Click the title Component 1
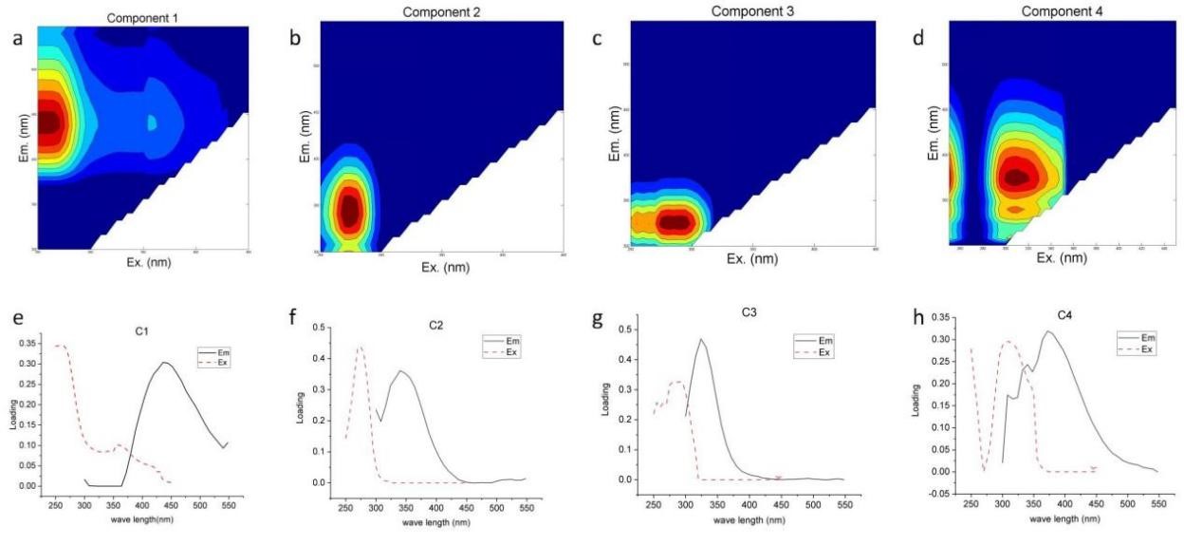(140, 16)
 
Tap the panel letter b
(296, 39)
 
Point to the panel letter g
(597, 319)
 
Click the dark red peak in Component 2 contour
(350, 211)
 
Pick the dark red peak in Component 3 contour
(675, 222)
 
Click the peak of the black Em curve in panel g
(701, 339)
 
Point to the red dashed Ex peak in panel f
(360, 348)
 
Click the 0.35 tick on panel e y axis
(28, 344)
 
